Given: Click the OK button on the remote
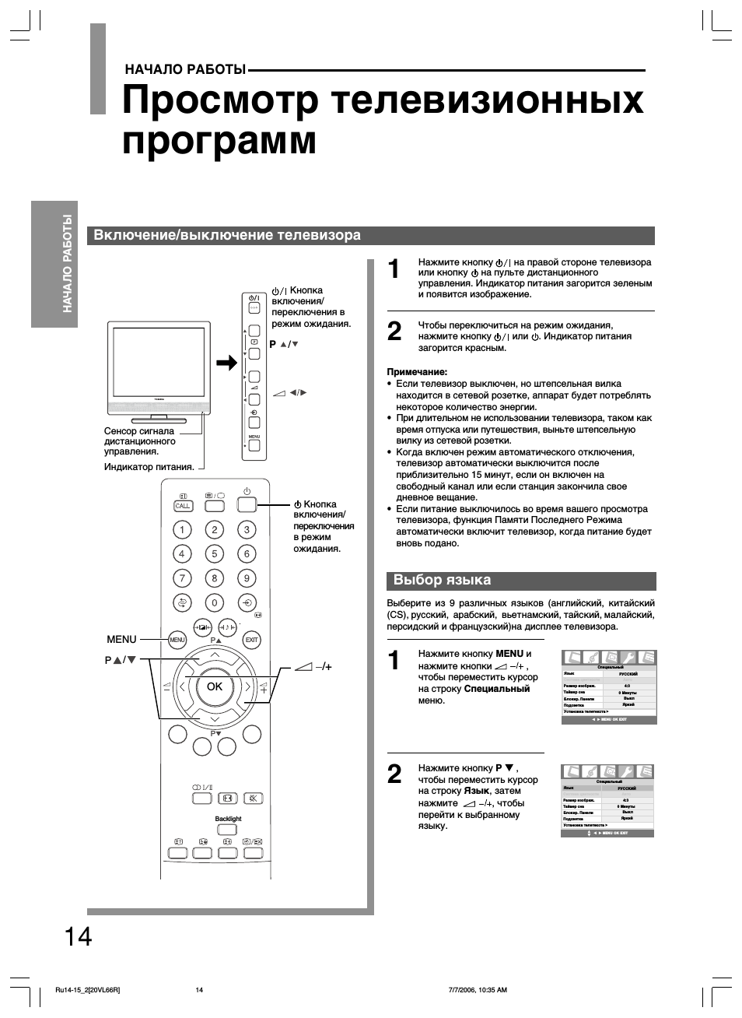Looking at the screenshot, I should (x=214, y=686).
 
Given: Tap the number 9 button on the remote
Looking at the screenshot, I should (x=247, y=578).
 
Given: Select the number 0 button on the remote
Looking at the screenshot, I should (x=214, y=602).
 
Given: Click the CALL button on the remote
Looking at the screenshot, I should (x=183, y=506).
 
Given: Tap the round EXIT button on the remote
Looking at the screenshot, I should (x=251, y=640).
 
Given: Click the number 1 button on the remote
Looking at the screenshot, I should (x=182, y=530).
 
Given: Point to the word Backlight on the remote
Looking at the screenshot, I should (x=228, y=819).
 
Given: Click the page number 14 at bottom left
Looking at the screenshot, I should (x=78, y=936).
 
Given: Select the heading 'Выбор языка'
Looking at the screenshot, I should (x=442, y=580).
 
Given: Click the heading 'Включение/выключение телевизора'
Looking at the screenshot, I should (x=227, y=235).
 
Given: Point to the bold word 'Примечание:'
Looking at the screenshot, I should (x=417, y=372).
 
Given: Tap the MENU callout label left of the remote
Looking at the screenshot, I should (x=121, y=639).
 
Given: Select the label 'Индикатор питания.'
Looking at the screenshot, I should (x=149, y=467).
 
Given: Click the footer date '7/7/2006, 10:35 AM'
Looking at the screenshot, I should (x=478, y=990).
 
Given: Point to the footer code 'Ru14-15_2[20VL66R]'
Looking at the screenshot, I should (x=88, y=990).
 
